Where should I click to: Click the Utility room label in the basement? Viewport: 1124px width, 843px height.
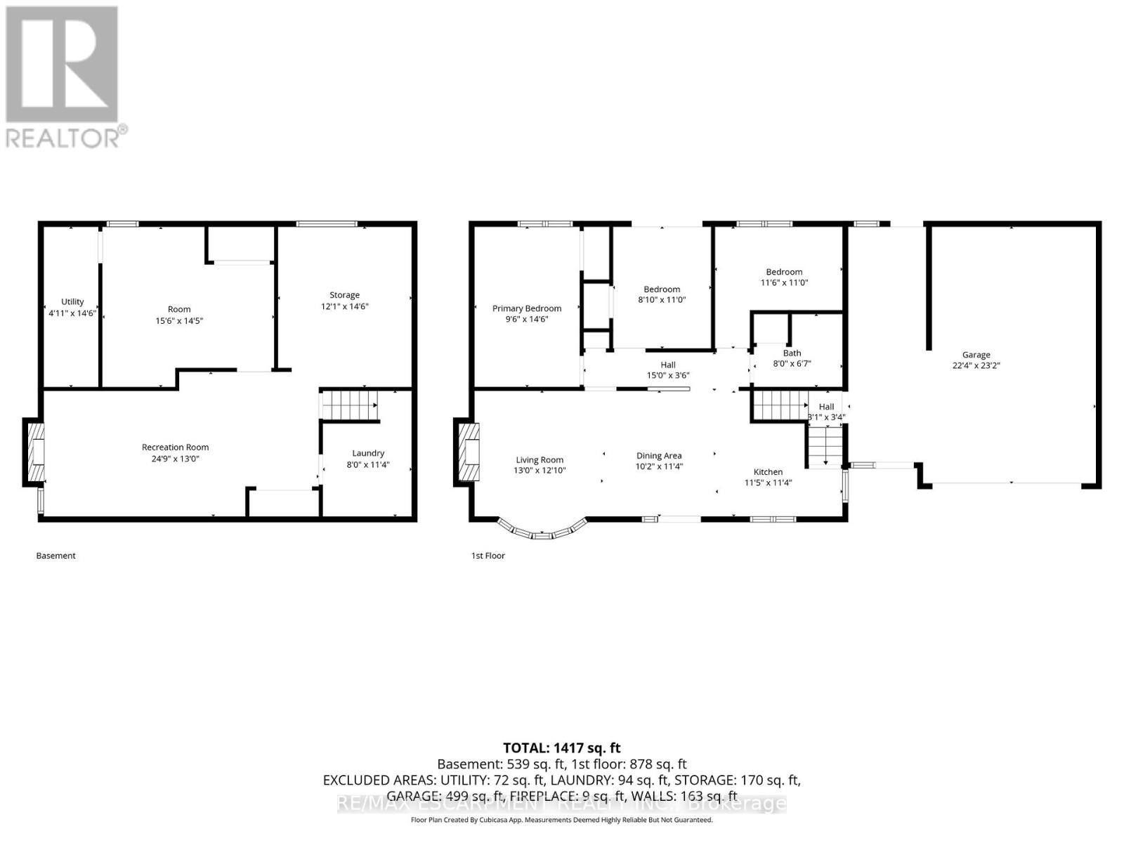coord(72,301)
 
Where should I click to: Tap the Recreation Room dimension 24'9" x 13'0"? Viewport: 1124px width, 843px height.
coord(175,459)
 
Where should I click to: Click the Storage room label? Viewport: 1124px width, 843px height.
coord(344,295)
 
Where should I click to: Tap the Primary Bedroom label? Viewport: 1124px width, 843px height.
coord(526,308)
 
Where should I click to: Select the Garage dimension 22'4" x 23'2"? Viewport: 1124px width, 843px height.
coord(976,365)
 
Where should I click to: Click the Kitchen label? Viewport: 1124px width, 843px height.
coord(768,472)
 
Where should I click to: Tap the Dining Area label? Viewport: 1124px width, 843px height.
coord(659,456)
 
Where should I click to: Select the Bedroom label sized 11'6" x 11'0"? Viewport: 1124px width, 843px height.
coord(784,272)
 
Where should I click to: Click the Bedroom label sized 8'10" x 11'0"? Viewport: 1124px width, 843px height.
coord(662,289)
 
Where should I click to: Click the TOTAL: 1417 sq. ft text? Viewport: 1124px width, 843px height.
coord(561,748)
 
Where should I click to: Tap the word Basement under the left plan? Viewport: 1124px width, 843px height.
coord(55,556)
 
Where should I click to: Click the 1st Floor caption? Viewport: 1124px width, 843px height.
coord(488,556)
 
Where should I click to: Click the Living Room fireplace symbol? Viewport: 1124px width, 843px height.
coord(469,452)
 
